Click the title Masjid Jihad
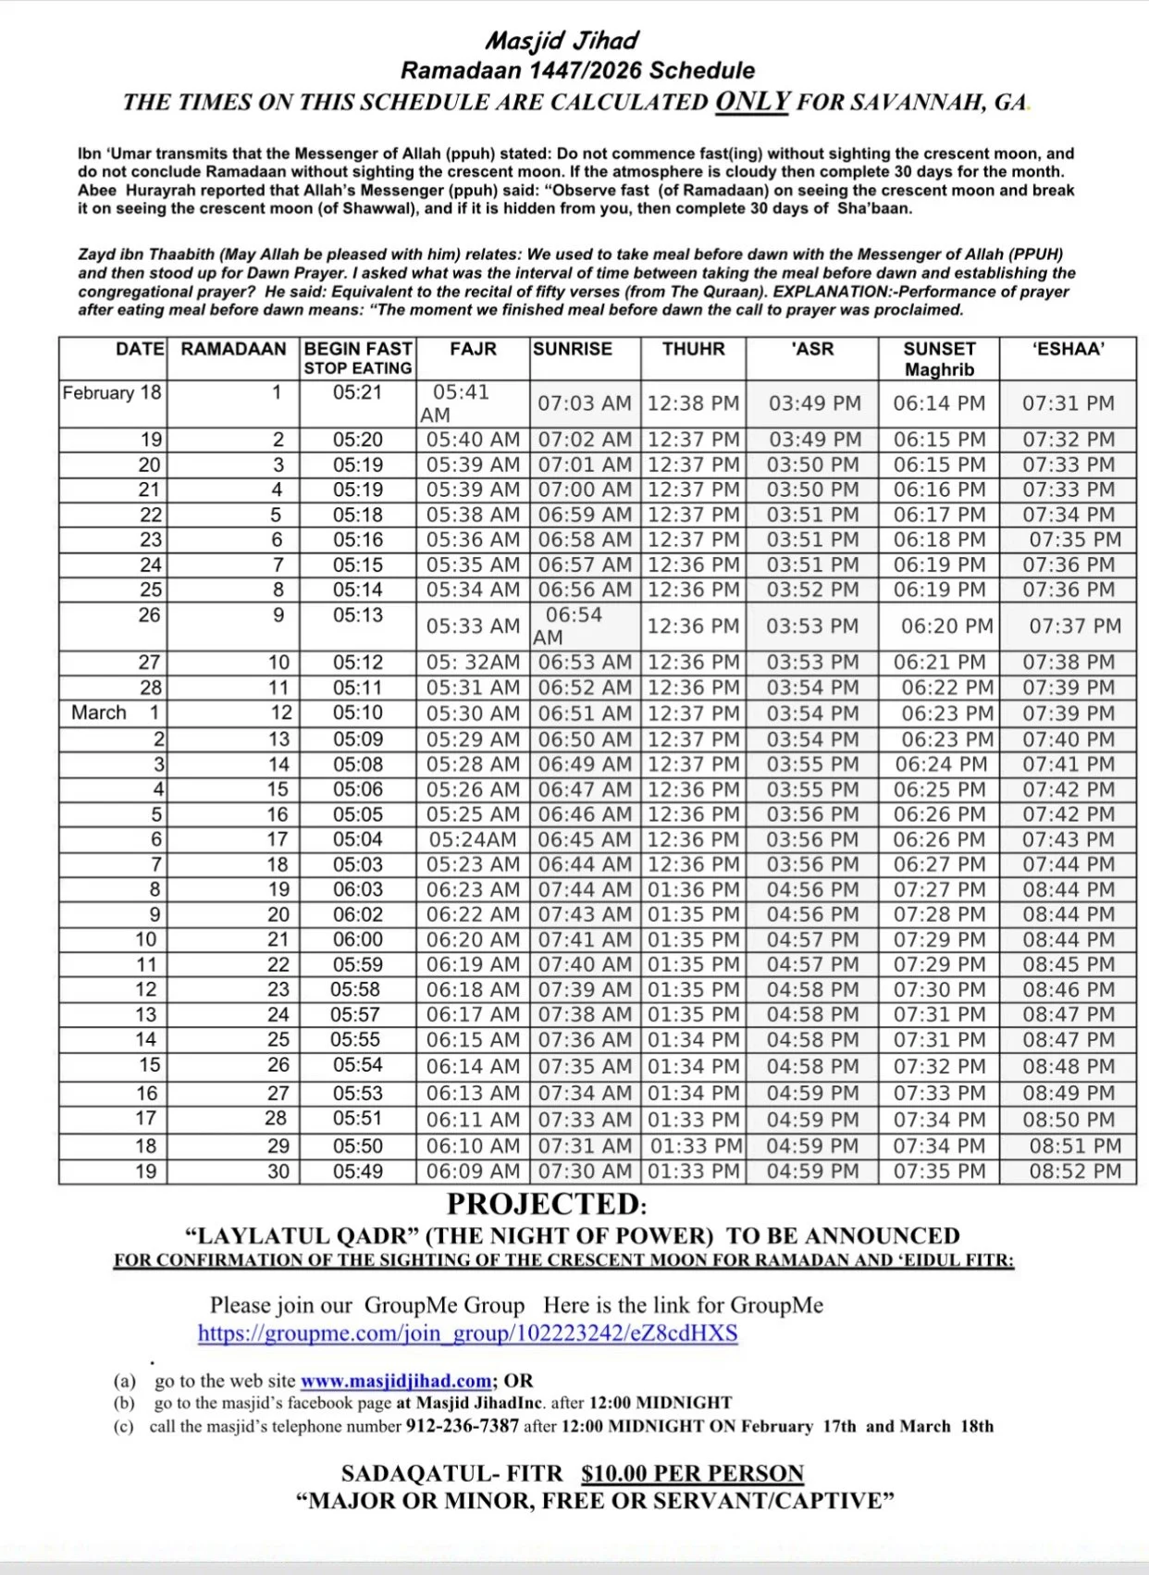(x=562, y=41)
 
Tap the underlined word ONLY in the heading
(x=752, y=101)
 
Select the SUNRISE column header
(x=573, y=349)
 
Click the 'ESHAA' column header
(x=1068, y=349)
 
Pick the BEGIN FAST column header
(x=358, y=349)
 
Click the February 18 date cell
(x=112, y=392)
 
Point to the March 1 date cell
(x=115, y=713)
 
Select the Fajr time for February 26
(x=473, y=626)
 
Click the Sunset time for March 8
(x=939, y=889)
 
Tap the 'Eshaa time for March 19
(x=1075, y=1171)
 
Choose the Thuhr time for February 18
(x=693, y=403)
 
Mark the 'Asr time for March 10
(x=812, y=939)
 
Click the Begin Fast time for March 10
(x=358, y=939)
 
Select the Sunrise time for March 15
(x=585, y=1066)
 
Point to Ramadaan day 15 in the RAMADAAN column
(x=278, y=789)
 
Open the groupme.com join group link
(x=467, y=1333)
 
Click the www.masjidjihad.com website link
(x=396, y=1381)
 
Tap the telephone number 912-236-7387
(x=463, y=1426)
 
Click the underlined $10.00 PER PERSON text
(x=692, y=1473)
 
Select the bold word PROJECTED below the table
(x=543, y=1204)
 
